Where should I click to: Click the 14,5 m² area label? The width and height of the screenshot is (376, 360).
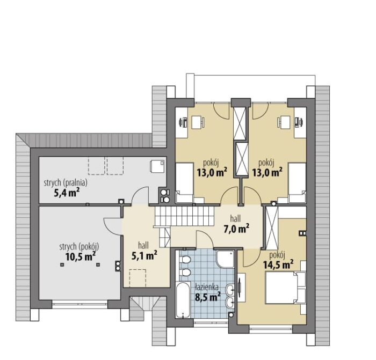[278, 265]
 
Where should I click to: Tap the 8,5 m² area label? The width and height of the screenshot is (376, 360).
[208, 297]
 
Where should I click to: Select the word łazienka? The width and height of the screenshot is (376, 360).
[207, 287]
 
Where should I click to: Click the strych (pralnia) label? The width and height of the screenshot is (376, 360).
[66, 183]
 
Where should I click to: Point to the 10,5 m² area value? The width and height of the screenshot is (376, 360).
[81, 256]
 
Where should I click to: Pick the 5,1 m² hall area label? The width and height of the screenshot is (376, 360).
[144, 255]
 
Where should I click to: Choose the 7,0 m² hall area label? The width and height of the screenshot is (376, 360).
[236, 229]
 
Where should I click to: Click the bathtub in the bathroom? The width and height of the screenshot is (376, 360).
[183, 300]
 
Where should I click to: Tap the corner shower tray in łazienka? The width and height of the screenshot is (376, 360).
[225, 259]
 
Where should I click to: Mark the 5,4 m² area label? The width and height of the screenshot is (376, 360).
[67, 192]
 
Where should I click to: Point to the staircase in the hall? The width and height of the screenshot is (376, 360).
[184, 216]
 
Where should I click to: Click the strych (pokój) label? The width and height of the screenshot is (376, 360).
[79, 247]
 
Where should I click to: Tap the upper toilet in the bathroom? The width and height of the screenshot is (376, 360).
[185, 259]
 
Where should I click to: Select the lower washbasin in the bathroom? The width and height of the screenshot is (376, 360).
[230, 303]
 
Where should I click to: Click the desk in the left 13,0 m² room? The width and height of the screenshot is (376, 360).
[198, 122]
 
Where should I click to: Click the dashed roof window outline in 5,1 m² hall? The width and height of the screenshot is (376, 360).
[138, 278]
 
